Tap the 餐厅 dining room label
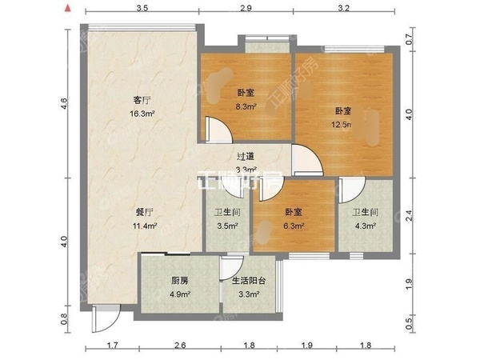click(145, 214)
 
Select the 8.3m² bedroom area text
click(246, 106)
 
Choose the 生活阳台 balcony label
click(250, 281)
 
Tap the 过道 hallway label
click(246, 158)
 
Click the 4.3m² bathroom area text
click(364, 226)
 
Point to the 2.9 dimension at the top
click(246, 9)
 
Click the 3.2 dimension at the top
click(344, 9)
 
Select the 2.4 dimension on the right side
click(409, 214)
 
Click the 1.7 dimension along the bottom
click(113, 346)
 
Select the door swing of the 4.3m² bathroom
click(350, 188)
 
